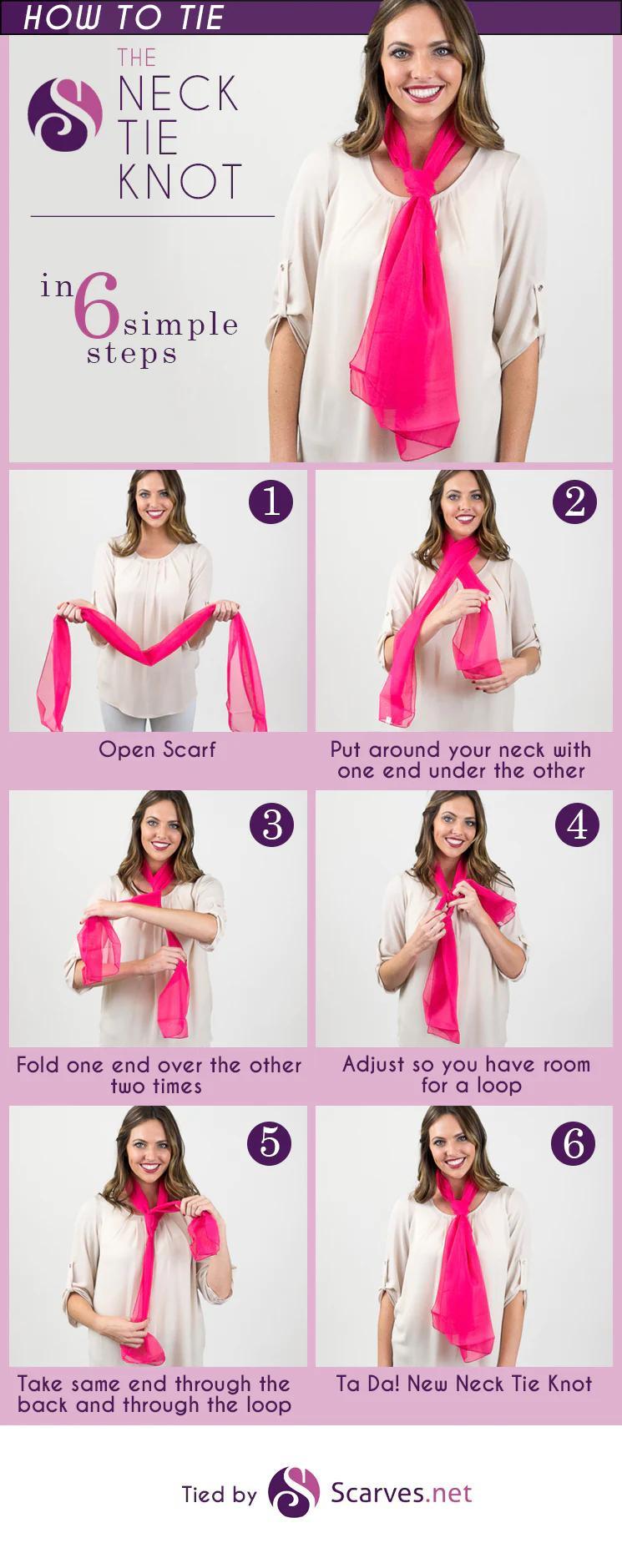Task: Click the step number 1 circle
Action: coord(271,502)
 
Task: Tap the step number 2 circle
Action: coord(575,502)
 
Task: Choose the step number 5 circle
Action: coord(270,1143)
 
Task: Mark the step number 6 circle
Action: coord(574,1143)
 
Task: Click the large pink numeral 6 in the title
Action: coord(98,308)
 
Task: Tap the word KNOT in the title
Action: coord(180,182)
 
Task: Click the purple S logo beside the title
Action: coord(65,114)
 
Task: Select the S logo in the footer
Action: coord(294,1491)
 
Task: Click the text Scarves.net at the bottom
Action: coord(402,1492)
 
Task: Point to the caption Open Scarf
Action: coord(157,749)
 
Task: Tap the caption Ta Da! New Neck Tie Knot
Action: coord(464,1384)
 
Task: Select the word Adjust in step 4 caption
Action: coord(372,1065)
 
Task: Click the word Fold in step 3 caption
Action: coord(38,1065)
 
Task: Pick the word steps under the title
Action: coord(132,354)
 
